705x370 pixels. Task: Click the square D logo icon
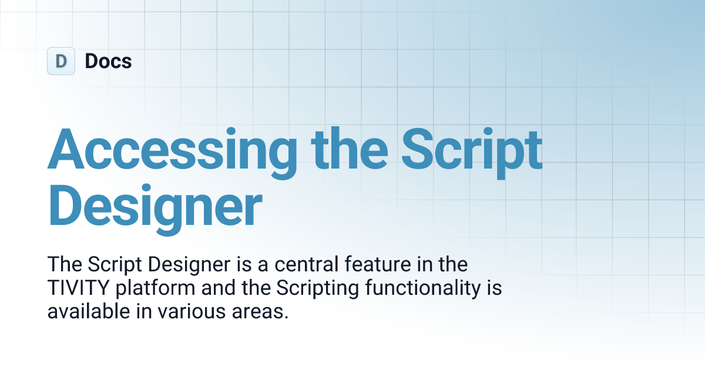tap(61, 61)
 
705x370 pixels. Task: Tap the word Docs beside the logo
tap(108, 61)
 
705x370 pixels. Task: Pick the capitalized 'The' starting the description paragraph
tap(62, 264)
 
